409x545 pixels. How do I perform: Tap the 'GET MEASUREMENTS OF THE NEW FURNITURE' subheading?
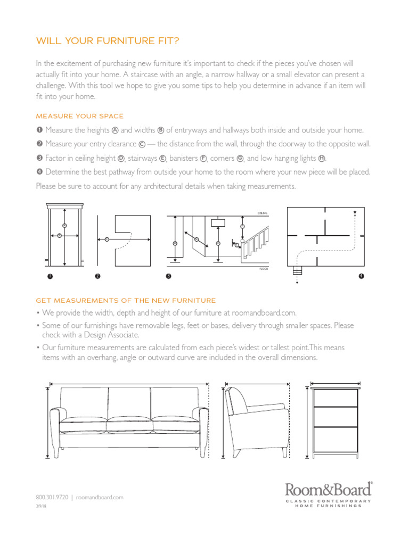point(126,301)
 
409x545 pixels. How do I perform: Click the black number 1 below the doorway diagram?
point(50,276)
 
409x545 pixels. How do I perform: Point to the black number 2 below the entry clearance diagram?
point(97,276)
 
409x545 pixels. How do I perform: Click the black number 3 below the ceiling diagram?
point(169,276)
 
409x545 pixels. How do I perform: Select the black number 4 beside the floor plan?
point(361,276)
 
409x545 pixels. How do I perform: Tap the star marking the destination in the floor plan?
point(355,212)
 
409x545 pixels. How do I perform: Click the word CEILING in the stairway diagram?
point(263,213)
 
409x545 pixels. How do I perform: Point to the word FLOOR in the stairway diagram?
point(263,269)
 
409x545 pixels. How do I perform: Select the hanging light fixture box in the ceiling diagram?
point(218,223)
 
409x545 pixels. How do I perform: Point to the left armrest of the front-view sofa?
point(55,426)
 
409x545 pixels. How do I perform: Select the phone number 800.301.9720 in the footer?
point(52,497)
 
